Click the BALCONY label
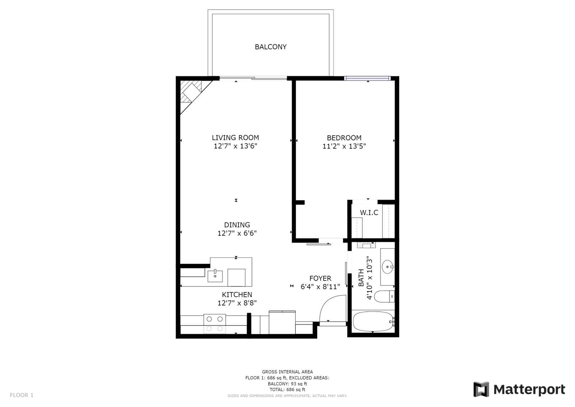coord(271,47)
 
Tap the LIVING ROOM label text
coord(235,137)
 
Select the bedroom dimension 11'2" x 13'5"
coord(344,146)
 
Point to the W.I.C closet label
coord(369,213)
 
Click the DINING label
coord(237,225)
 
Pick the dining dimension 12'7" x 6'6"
coord(237,233)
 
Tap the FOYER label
coord(320,278)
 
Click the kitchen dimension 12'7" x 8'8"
coord(237,303)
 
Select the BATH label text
coord(361,278)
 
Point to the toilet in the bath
coord(384,297)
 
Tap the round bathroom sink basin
coord(387,267)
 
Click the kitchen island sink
coord(215,276)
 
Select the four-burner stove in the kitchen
coord(215,324)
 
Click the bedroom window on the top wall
coord(367,78)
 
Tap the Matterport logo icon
coord(481,389)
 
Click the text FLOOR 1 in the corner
coord(22,395)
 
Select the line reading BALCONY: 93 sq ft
coord(287,384)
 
